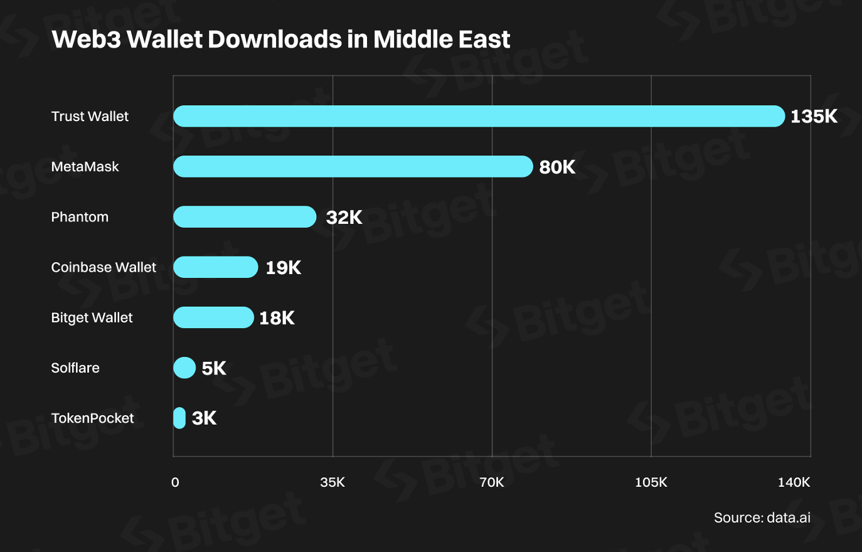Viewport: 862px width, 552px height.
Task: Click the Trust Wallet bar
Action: (479, 116)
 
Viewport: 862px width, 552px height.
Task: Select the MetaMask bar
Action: (353, 166)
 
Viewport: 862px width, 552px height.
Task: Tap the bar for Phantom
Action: (245, 216)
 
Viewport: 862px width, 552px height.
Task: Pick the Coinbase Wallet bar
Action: (215, 267)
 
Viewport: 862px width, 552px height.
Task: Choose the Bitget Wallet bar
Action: (213, 317)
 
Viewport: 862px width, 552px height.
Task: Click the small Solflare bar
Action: (184, 368)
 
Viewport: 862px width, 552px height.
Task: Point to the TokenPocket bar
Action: (179, 418)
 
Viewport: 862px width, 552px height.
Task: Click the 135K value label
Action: (814, 117)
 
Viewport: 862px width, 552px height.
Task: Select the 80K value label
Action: (557, 167)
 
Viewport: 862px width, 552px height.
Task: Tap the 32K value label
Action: (344, 217)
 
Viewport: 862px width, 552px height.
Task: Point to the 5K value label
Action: (214, 368)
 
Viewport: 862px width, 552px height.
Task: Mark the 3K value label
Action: (204, 418)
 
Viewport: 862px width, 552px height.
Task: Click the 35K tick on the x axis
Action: (333, 482)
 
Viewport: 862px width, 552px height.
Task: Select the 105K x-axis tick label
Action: (651, 482)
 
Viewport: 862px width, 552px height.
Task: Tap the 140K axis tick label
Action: (794, 482)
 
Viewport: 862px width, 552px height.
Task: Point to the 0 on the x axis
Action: (175, 482)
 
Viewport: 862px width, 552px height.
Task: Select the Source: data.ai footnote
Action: (762, 517)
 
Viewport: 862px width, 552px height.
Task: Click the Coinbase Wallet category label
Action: (104, 267)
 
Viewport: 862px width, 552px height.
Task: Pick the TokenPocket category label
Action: (92, 418)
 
